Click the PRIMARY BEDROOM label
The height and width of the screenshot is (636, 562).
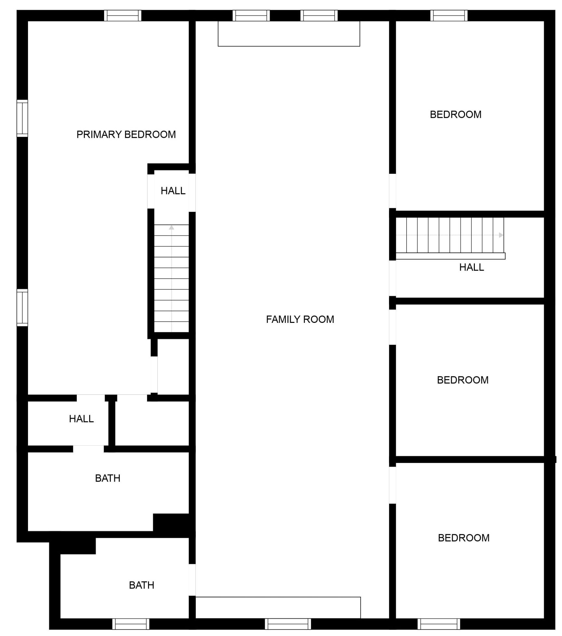(x=126, y=134)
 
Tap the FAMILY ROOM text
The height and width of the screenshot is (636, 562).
(x=300, y=319)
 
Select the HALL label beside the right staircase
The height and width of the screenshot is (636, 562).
(x=472, y=267)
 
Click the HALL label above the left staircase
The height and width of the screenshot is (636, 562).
(x=173, y=191)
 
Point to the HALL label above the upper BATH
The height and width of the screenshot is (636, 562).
(x=81, y=419)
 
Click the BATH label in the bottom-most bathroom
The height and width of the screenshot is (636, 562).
(x=141, y=585)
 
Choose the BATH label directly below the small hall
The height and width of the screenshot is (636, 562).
(x=108, y=478)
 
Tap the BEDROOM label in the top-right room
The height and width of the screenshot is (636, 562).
(x=456, y=114)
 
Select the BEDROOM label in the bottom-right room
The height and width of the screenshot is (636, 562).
(x=464, y=538)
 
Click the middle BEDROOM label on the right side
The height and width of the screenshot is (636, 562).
(x=463, y=380)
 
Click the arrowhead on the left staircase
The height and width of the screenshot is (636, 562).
(x=171, y=227)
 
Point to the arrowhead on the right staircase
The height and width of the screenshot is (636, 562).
(x=501, y=235)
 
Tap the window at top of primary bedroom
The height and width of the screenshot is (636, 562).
(x=123, y=16)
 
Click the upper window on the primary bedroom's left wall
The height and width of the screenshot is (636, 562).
(x=22, y=118)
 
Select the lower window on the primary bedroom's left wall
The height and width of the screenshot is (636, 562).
(x=22, y=307)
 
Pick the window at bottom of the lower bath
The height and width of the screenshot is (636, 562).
(x=131, y=624)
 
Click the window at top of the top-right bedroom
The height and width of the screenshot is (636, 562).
(x=449, y=16)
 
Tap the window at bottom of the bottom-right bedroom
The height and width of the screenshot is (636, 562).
(x=439, y=624)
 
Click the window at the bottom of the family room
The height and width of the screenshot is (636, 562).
(x=288, y=624)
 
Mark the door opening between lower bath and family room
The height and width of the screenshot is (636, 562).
(x=192, y=580)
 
